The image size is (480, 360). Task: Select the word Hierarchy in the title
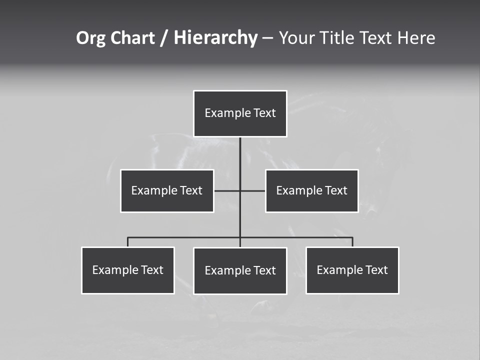point(215,38)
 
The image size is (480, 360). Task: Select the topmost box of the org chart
point(240,113)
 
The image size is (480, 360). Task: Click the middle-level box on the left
point(167,191)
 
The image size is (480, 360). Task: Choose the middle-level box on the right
point(311,191)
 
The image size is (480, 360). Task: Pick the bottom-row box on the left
point(128,270)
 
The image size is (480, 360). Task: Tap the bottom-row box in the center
point(240,271)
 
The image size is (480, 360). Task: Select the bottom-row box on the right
point(352,270)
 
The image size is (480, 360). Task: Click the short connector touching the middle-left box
point(226,190)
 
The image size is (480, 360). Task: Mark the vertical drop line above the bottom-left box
point(128,242)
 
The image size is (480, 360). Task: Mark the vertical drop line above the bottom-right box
point(352,242)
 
